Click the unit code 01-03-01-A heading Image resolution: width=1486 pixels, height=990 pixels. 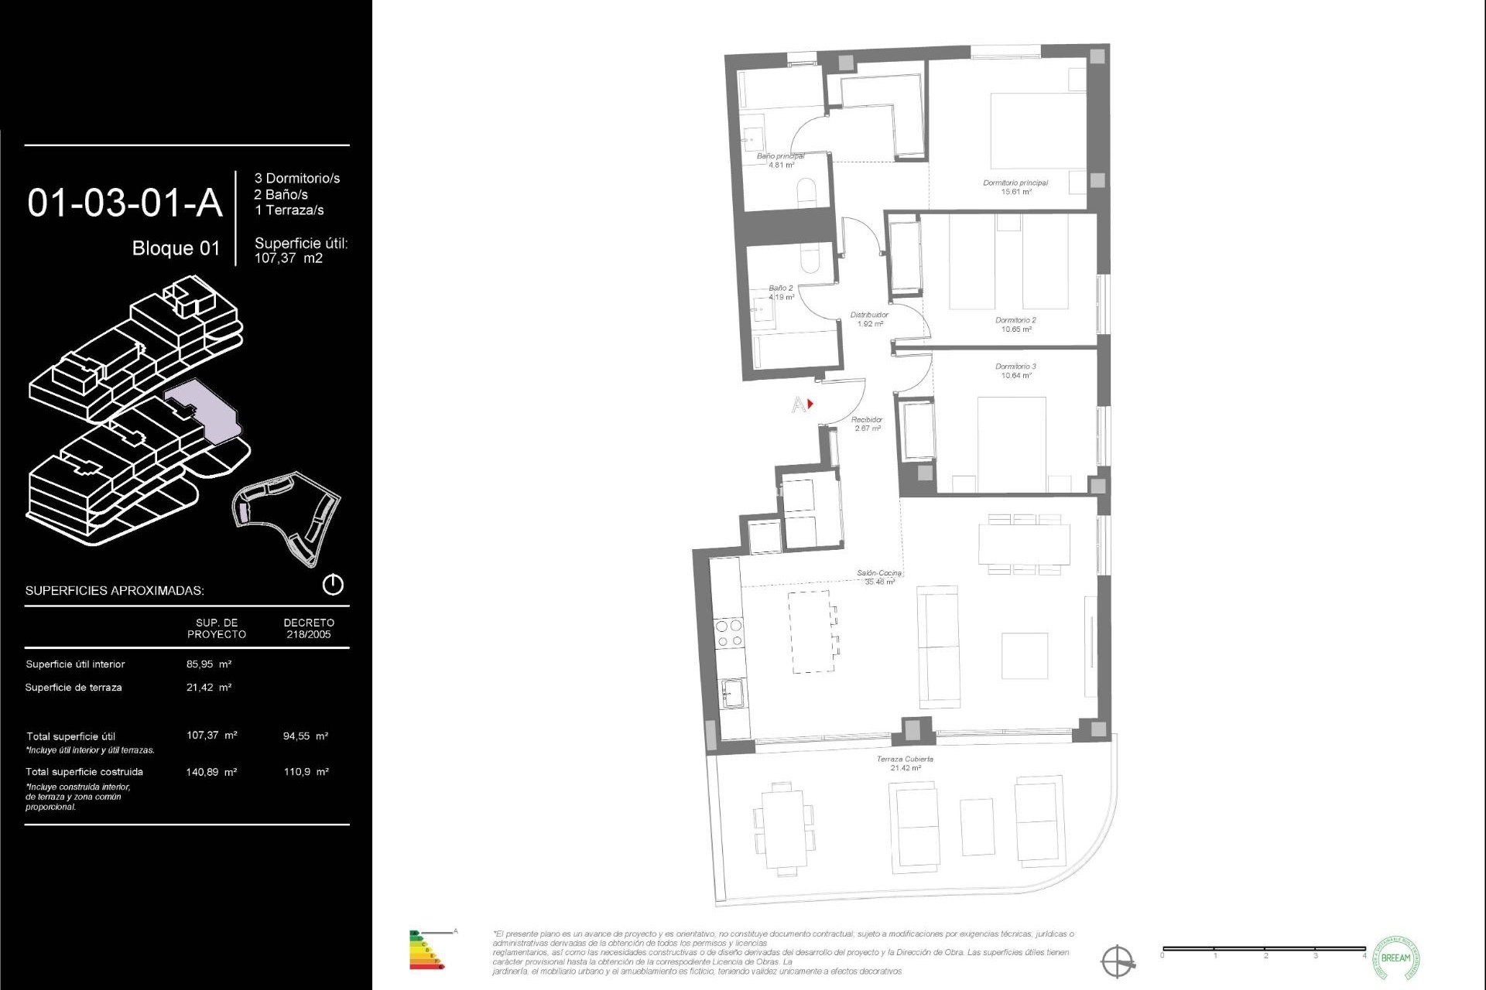tap(125, 203)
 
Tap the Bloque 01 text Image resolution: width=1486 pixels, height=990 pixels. tap(176, 248)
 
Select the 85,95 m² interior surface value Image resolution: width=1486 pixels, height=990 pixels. tap(209, 664)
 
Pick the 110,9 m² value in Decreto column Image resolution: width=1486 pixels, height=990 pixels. tap(306, 772)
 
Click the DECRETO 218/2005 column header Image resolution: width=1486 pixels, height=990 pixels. tap(309, 628)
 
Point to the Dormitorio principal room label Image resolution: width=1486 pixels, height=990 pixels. tap(1015, 183)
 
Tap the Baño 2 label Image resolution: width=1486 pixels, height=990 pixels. tap(780, 288)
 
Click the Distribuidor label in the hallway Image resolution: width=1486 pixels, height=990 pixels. tap(869, 316)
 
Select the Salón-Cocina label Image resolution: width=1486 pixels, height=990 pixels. tap(879, 574)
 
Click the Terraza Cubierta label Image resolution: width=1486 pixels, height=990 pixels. tap(905, 760)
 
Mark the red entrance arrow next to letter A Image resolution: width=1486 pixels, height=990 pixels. tap(810, 404)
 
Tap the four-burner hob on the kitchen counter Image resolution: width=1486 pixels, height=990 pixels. tap(729, 633)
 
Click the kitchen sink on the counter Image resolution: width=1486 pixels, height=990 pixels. tap(732, 693)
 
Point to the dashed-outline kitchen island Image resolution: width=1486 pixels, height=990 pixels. tap(812, 631)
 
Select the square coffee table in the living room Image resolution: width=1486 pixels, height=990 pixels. tap(1024, 656)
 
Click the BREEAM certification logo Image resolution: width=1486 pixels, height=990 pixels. tap(1395, 958)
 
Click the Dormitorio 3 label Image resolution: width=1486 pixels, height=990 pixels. tap(1015, 367)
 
